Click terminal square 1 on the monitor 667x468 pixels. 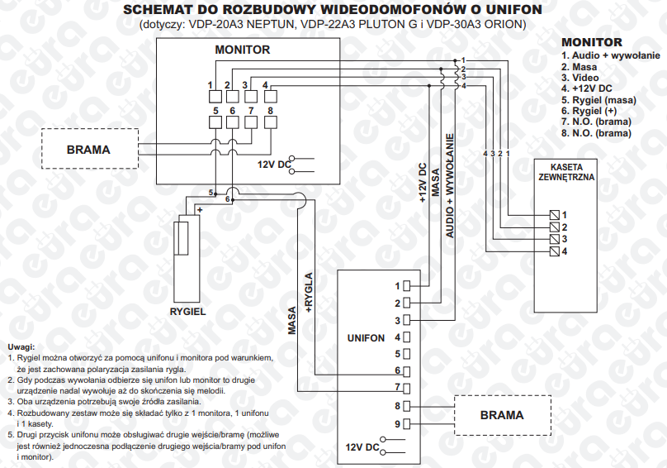click(215, 96)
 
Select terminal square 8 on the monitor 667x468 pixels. click(271, 122)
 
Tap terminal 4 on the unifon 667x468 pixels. click(406, 337)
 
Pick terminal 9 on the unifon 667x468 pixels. click(406, 424)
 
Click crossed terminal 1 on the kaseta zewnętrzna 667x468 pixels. click(554, 215)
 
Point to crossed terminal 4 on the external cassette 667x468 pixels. click(554, 251)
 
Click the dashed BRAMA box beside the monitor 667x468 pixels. click(90, 149)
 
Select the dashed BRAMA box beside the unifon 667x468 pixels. click(503, 415)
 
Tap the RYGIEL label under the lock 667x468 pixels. click(187, 312)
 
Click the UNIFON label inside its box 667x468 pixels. click(366, 338)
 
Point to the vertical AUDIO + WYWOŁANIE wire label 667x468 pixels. click(450, 186)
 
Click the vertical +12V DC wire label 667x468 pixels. click(423, 183)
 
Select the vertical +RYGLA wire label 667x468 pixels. click(309, 293)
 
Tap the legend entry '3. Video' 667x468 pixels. click(579, 78)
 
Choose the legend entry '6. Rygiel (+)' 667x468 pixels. click(589, 111)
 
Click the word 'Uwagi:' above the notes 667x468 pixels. click(21, 347)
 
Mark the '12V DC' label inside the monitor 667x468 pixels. click(274, 164)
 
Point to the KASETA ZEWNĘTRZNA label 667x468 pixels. click(566, 172)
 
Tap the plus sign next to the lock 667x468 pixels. click(200, 210)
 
